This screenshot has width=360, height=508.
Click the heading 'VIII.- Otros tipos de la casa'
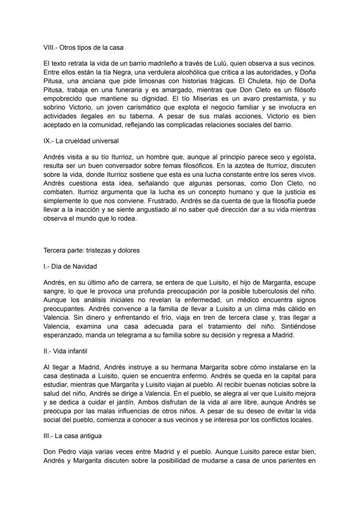coord(83,47)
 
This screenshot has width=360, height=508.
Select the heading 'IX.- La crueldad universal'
coord(81,141)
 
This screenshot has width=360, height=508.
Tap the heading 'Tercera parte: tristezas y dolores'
coord(91,250)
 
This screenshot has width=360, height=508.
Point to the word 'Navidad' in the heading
coord(86,266)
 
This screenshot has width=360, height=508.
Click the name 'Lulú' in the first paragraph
coord(233,63)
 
